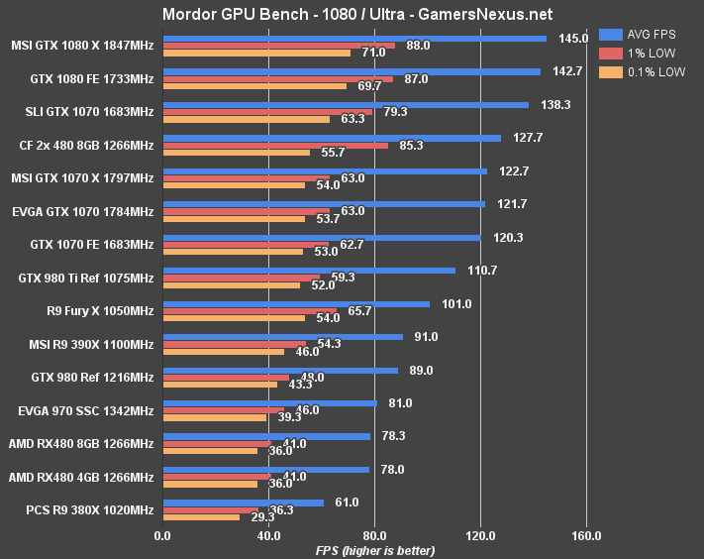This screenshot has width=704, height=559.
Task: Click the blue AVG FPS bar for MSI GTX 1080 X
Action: (x=354, y=39)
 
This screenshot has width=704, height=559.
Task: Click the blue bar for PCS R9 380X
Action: (x=243, y=503)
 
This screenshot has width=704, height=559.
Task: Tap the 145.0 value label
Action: (x=573, y=39)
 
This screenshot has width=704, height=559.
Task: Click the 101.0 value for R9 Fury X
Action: (x=456, y=304)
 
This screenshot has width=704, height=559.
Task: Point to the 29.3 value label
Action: (x=263, y=517)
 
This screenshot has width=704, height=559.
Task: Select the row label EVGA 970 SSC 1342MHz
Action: (x=86, y=410)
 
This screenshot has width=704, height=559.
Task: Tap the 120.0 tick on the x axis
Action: (x=480, y=536)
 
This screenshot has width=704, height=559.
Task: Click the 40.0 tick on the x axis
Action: (x=268, y=536)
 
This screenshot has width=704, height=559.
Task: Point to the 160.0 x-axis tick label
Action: (x=586, y=536)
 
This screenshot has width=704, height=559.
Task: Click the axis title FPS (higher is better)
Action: (x=374, y=550)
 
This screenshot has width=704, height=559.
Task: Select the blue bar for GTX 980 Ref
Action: (x=280, y=370)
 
